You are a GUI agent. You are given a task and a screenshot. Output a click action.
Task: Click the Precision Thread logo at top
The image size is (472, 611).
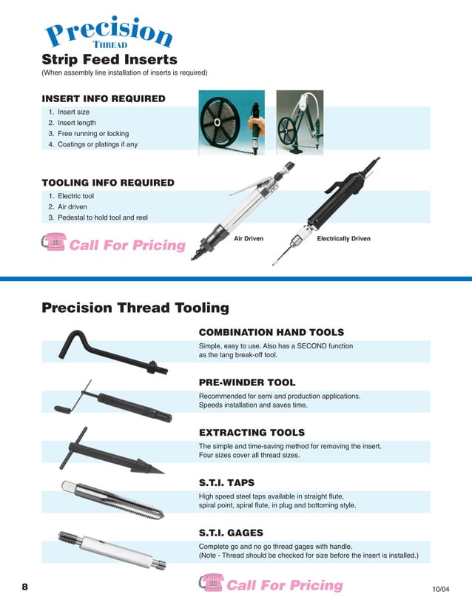click(109, 33)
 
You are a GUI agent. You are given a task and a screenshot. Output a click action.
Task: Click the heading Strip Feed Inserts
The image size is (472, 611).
click(109, 59)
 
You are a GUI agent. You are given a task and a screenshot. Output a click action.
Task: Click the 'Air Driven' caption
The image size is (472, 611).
click(248, 239)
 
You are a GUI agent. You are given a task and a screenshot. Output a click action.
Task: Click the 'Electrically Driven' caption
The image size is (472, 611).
click(343, 239)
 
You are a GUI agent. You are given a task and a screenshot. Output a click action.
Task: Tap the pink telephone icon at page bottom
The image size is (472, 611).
click(211, 584)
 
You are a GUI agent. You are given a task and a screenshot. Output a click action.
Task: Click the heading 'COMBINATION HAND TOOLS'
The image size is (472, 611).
click(272, 333)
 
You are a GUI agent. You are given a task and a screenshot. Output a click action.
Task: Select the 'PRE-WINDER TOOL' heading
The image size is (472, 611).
click(246, 382)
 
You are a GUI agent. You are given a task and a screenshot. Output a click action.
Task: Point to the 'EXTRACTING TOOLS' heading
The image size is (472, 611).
click(252, 432)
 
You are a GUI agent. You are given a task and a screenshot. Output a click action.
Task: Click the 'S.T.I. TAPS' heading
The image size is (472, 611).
click(226, 482)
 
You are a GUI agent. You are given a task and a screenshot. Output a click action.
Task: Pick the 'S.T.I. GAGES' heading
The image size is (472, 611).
click(231, 533)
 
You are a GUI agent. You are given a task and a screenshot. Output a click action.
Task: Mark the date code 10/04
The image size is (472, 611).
click(440, 590)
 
